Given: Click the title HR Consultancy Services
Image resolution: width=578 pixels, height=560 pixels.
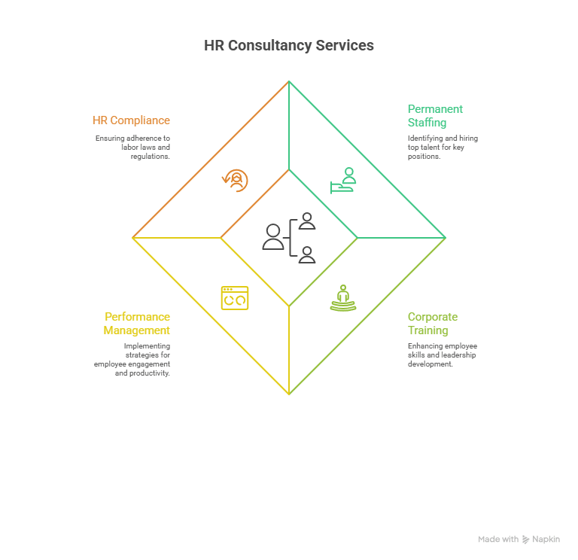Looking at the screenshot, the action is (289, 45).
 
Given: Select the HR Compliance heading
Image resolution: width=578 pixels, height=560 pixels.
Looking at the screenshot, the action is (131, 120).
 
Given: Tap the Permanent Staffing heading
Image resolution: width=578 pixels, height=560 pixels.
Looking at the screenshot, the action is (435, 116).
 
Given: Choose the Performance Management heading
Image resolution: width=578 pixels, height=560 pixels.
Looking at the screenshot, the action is (137, 324).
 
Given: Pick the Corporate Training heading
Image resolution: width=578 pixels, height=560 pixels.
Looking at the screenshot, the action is (433, 324).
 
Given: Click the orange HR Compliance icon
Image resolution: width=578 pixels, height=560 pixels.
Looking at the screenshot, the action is (235, 181).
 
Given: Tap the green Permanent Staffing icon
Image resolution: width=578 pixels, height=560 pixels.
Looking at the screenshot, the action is (343, 181).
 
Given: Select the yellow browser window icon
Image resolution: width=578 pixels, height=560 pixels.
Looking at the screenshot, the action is (235, 298).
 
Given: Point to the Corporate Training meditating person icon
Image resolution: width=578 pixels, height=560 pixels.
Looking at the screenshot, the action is (343, 298).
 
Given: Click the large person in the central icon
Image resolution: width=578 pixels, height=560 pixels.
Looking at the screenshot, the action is (273, 237).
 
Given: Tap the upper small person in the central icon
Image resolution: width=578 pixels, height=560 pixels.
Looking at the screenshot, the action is (307, 221).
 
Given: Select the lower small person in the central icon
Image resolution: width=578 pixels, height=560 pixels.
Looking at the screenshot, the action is (307, 254).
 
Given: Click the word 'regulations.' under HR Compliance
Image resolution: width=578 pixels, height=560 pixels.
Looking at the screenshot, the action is (151, 157).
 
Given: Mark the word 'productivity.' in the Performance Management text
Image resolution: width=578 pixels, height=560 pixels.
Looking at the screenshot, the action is (149, 373).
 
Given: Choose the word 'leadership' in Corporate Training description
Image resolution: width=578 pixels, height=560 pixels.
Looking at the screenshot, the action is (458, 355).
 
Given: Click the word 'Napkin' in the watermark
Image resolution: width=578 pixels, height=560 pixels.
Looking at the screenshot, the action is (546, 540).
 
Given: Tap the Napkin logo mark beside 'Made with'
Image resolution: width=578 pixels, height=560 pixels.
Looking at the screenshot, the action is (525, 540).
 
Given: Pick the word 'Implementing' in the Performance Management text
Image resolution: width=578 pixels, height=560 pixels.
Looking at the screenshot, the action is (147, 346).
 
